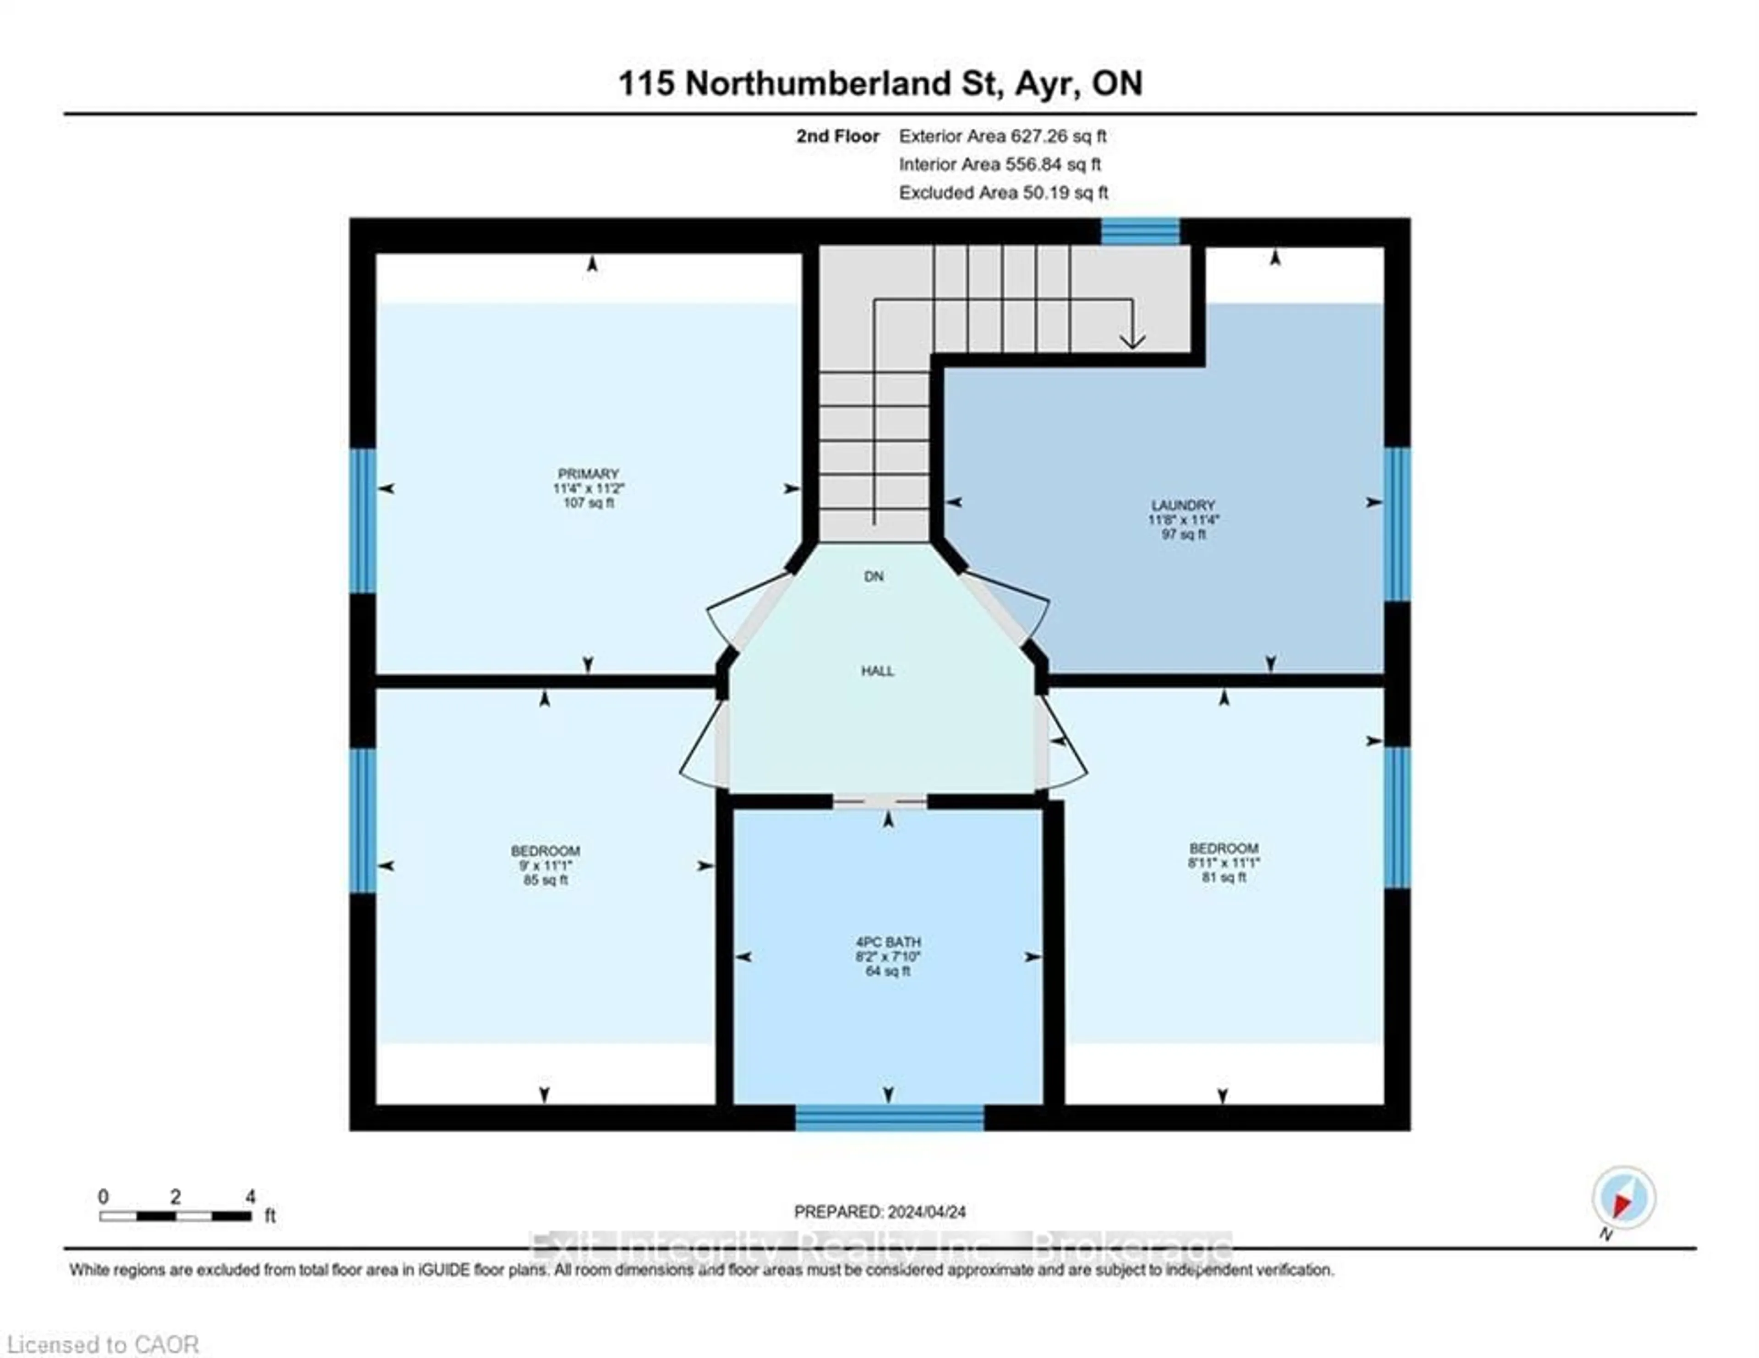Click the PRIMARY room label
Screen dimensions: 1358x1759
coord(588,474)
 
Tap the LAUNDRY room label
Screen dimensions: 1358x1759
coord(1182,505)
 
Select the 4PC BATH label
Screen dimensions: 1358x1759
coord(888,942)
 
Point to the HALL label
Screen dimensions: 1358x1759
coord(877,671)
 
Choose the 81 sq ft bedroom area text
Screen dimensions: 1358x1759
coord(1224,877)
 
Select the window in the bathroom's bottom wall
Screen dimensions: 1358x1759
coord(889,1118)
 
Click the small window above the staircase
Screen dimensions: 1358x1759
coord(1140,231)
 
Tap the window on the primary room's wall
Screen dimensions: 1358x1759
coord(362,520)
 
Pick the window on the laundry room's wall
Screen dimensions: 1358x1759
coord(1398,524)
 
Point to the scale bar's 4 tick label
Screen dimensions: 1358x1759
coord(251,1197)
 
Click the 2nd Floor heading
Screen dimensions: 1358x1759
coord(838,136)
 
